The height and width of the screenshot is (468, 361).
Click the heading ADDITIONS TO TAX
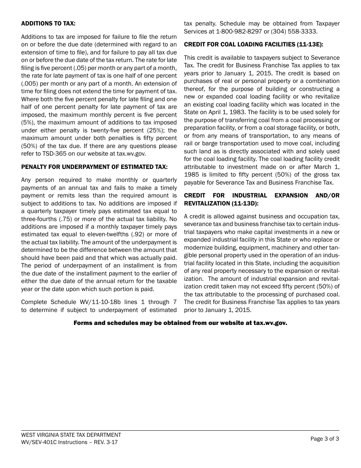coord(48,24)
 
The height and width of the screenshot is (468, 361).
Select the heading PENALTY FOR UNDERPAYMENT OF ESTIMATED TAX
coord(94,167)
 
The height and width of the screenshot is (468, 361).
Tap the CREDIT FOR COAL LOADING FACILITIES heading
coord(253,45)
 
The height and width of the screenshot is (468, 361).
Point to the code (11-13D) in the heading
coord(245,203)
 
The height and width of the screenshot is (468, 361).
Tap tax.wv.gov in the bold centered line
coord(270,323)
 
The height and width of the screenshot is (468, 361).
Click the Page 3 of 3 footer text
coord(325,439)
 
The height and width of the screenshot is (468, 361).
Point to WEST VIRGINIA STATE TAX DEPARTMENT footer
coord(71,435)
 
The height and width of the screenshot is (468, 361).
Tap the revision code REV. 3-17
coord(104,442)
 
